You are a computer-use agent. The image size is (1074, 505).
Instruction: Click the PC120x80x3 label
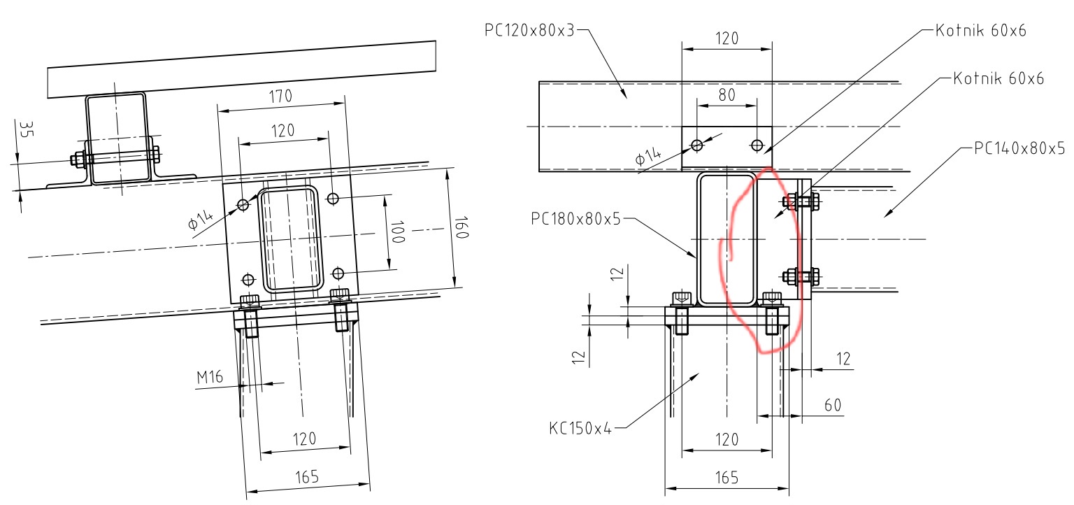pyautogui.click(x=529, y=30)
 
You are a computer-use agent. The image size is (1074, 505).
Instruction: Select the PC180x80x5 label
pyautogui.click(x=575, y=219)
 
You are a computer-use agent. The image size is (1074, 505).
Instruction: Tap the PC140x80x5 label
pyautogui.click(x=1019, y=148)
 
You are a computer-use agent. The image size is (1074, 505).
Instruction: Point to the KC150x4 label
pyautogui.click(x=580, y=428)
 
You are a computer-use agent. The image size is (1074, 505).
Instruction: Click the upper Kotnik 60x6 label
pyautogui.click(x=980, y=31)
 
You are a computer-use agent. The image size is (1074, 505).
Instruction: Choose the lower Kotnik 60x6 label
pyautogui.click(x=998, y=78)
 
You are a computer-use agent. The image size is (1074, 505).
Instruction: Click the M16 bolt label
pyautogui.click(x=210, y=378)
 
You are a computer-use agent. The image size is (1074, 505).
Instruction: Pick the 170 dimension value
pyautogui.click(x=280, y=97)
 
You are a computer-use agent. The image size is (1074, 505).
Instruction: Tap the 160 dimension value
pyautogui.click(x=461, y=227)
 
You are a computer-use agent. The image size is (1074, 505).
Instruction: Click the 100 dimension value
pyautogui.click(x=397, y=232)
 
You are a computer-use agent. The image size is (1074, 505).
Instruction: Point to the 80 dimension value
pyautogui.click(x=727, y=95)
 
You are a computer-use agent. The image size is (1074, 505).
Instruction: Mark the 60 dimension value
pyautogui.click(x=833, y=405)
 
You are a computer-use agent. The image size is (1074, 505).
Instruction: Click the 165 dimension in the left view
pyautogui.click(x=307, y=477)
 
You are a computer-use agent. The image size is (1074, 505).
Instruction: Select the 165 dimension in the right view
pyautogui.click(x=727, y=478)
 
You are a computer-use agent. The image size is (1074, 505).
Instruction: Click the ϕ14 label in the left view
pyautogui.click(x=201, y=220)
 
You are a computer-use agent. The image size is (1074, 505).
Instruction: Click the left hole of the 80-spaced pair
pyautogui.click(x=696, y=145)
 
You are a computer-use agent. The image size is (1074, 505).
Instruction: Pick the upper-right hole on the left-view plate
pyautogui.click(x=333, y=198)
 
